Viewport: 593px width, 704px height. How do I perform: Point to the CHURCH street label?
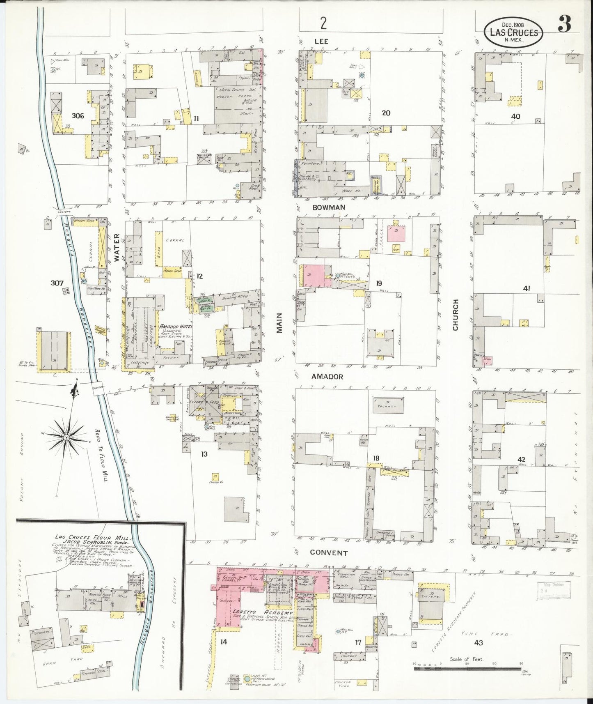tap(455, 315)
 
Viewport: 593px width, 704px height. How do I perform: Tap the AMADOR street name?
tap(327, 376)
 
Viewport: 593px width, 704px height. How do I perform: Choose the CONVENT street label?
tap(329, 553)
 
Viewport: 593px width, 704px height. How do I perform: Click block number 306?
tap(78, 116)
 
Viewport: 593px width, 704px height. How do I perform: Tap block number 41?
tap(526, 288)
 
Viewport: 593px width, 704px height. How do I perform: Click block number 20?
tap(386, 113)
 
